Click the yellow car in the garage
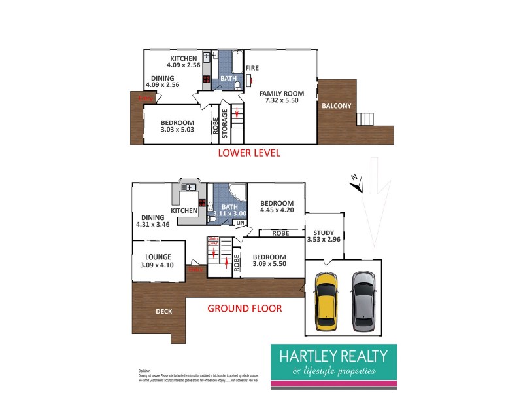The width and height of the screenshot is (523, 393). [326, 301]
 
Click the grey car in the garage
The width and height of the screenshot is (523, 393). [363, 301]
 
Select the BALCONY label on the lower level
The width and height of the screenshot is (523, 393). [336, 106]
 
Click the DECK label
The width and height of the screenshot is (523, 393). [164, 311]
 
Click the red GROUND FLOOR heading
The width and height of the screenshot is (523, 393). [245, 308]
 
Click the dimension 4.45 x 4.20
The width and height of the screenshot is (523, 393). [278, 211]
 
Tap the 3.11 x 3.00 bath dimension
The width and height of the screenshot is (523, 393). [230, 214]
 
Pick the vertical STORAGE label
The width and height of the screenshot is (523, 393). [225, 123]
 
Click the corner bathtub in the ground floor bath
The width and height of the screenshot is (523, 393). [239, 194]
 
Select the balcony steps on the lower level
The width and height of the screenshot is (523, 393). [364, 119]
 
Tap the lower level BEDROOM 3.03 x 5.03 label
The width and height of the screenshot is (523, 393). [177, 126]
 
